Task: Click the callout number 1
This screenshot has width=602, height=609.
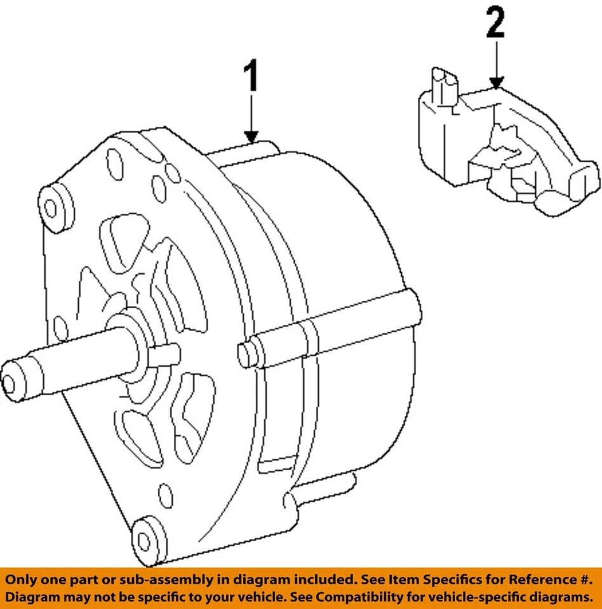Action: tap(252, 78)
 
